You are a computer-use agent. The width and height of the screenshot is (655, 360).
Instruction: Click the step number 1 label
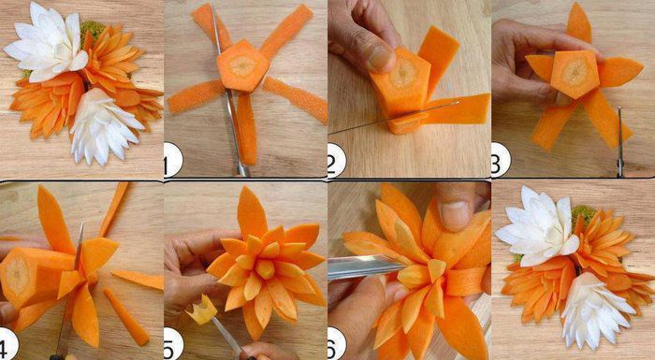(x=172, y=160)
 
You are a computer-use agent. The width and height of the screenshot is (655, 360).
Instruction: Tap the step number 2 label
(x=336, y=161)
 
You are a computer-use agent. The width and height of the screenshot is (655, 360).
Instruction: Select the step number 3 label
(x=501, y=160)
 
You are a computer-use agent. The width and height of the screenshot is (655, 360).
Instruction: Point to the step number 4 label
(x=8, y=343)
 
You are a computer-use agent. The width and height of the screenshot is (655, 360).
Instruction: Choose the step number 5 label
(x=172, y=343)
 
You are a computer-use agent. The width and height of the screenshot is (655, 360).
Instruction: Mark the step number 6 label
(x=337, y=343)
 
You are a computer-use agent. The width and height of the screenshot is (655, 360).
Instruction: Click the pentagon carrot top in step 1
(x=242, y=66)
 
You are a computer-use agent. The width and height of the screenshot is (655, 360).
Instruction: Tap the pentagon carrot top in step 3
(x=575, y=74)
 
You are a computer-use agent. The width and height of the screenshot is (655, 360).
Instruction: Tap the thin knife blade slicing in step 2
(x=394, y=118)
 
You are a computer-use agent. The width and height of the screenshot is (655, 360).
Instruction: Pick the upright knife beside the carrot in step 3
(x=620, y=141)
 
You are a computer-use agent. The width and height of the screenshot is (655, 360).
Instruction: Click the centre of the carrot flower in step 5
(x=265, y=268)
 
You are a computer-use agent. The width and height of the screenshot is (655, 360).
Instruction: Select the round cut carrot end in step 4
(x=18, y=275)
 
